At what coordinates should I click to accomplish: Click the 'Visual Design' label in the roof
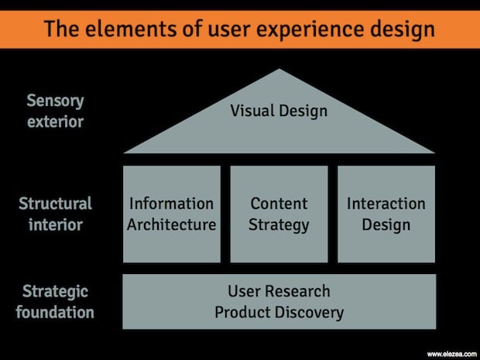(279, 111)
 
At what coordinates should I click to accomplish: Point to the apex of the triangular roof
(279, 70)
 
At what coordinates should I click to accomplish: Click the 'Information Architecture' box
(171, 214)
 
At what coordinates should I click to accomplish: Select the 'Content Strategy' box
(279, 214)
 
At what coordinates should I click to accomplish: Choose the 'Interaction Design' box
(386, 214)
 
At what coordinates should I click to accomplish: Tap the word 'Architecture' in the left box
(171, 225)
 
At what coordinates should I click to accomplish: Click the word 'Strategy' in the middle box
(279, 225)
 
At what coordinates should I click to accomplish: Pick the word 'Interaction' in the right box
(386, 204)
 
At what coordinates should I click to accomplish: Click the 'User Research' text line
(279, 291)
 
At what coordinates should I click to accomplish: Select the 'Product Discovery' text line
(279, 313)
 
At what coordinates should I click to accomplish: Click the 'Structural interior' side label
(56, 214)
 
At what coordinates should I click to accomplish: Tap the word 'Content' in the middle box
(279, 204)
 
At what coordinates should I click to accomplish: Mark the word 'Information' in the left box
(171, 204)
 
